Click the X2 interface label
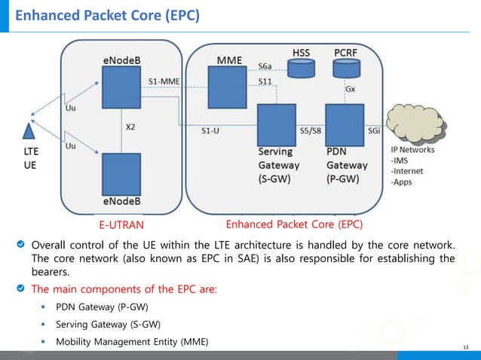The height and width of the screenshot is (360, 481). (130, 127)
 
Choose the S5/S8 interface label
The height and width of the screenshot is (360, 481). (310, 130)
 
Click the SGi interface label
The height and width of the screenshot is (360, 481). (373, 130)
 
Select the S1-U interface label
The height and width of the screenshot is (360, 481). (210, 130)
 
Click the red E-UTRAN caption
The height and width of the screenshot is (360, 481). (121, 224)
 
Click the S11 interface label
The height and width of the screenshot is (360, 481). (265, 81)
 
